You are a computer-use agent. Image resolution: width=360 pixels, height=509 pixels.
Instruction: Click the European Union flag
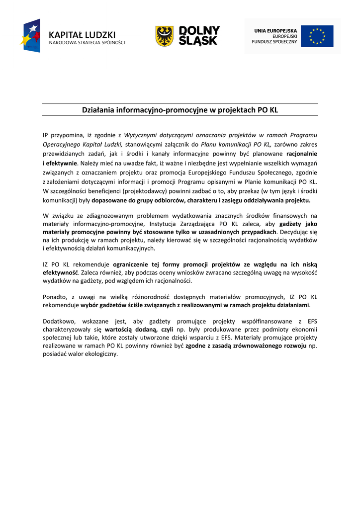click(317, 36)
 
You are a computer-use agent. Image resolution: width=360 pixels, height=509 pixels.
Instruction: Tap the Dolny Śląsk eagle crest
click(164, 36)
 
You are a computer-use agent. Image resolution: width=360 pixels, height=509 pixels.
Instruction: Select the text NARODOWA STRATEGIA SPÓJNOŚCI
click(87, 43)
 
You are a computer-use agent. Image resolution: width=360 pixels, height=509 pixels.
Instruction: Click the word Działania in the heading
click(98, 110)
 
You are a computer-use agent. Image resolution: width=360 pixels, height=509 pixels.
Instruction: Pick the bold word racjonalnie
click(302, 154)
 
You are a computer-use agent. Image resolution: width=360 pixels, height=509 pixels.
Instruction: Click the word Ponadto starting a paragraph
click(55, 297)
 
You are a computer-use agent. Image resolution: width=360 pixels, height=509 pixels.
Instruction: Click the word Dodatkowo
click(59, 321)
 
